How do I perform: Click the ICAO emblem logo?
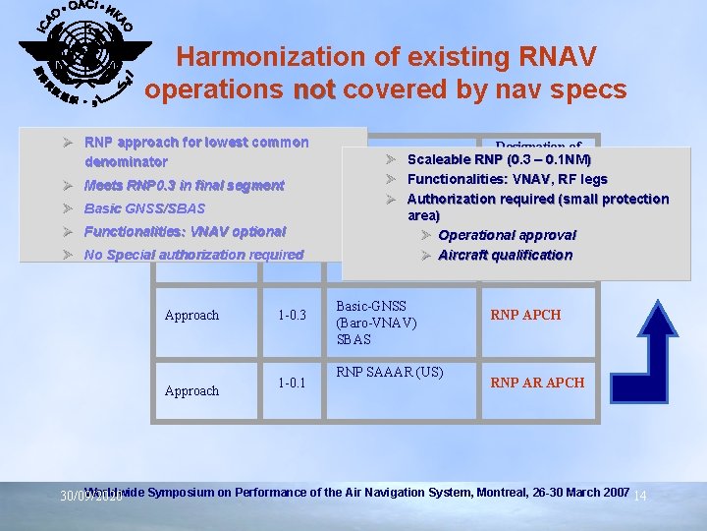84,55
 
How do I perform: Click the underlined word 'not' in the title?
314,89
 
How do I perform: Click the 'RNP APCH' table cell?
525,315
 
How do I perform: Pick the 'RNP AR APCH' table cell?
537,383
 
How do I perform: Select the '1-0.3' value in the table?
293,315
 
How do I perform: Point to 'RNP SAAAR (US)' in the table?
390,372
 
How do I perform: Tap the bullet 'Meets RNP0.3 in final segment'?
185,185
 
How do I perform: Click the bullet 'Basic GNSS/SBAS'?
145,208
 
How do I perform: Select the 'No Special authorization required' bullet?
194,255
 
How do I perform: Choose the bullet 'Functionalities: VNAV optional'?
185,232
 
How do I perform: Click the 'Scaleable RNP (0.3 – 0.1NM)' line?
499,159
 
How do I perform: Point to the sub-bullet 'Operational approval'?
507,235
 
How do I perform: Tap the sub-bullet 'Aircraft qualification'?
505,255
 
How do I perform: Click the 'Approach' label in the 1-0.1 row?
191,390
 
